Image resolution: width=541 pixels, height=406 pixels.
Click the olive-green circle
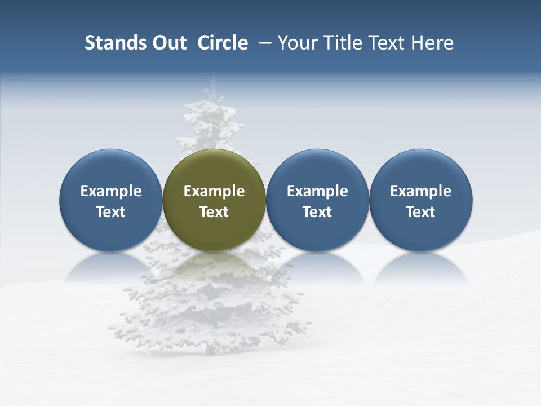tap(214, 169)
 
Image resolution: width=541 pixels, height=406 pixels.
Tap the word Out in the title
tap(167, 43)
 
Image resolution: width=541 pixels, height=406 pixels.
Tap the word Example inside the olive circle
tap(214, 191)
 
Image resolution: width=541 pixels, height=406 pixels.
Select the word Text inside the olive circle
tap(214, 212)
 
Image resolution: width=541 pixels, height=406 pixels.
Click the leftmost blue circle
tap(111, 169)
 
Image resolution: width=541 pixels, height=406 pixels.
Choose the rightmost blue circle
tap(421, 169)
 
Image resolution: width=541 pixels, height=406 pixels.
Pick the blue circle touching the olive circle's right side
tap(317, 169)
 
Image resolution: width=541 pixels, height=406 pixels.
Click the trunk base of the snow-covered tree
tap(212, 350)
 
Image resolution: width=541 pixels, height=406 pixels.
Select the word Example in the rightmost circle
tap(421, 191)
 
